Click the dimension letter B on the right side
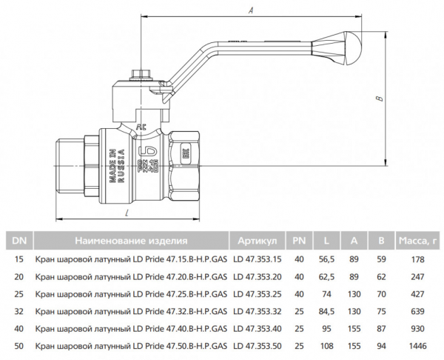377,98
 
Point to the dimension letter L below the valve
128,213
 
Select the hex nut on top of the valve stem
138,75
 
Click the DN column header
19,240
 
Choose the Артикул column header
257,240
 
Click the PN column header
299,240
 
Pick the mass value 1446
419,346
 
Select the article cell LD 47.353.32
257,311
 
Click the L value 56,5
326,259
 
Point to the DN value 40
19,328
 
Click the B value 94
381,346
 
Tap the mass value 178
419,259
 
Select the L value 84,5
326,311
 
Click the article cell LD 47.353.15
257,259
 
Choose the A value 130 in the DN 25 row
354,293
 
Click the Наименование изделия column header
130,240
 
